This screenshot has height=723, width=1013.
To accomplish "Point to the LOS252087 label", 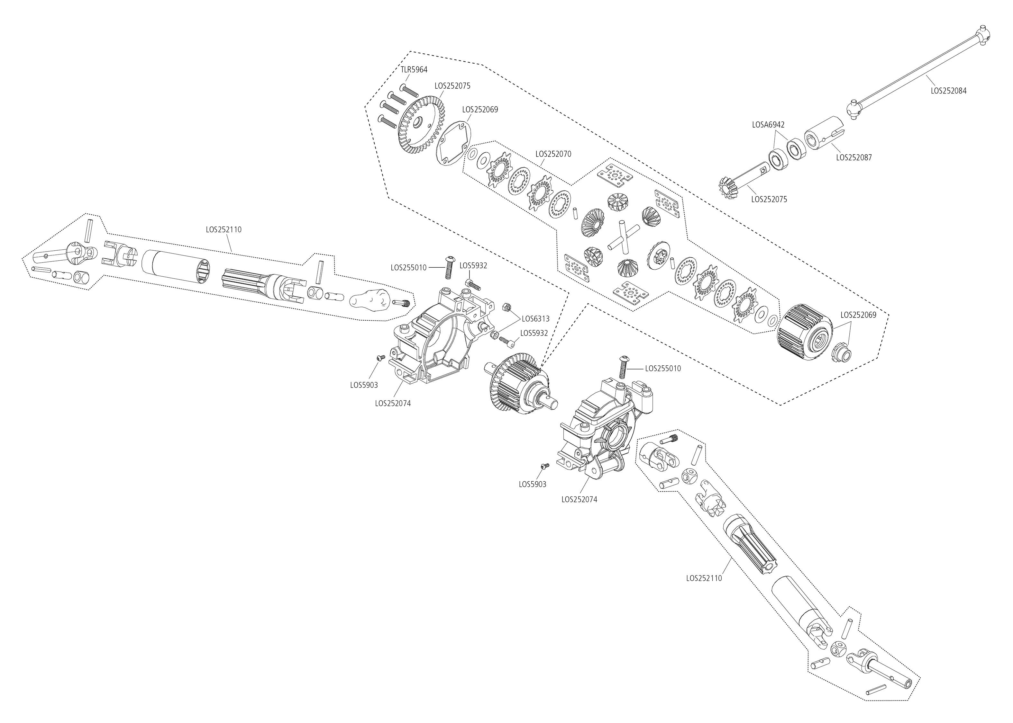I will click(x=854, y=157).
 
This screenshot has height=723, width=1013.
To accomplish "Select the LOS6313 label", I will click(x=535, y=319).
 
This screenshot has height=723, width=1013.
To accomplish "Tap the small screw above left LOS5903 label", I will click(x=380, y=358).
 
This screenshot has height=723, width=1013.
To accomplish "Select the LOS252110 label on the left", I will click(x=224, y=230).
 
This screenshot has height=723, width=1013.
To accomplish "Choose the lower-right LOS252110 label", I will click(x=704, y=578).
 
